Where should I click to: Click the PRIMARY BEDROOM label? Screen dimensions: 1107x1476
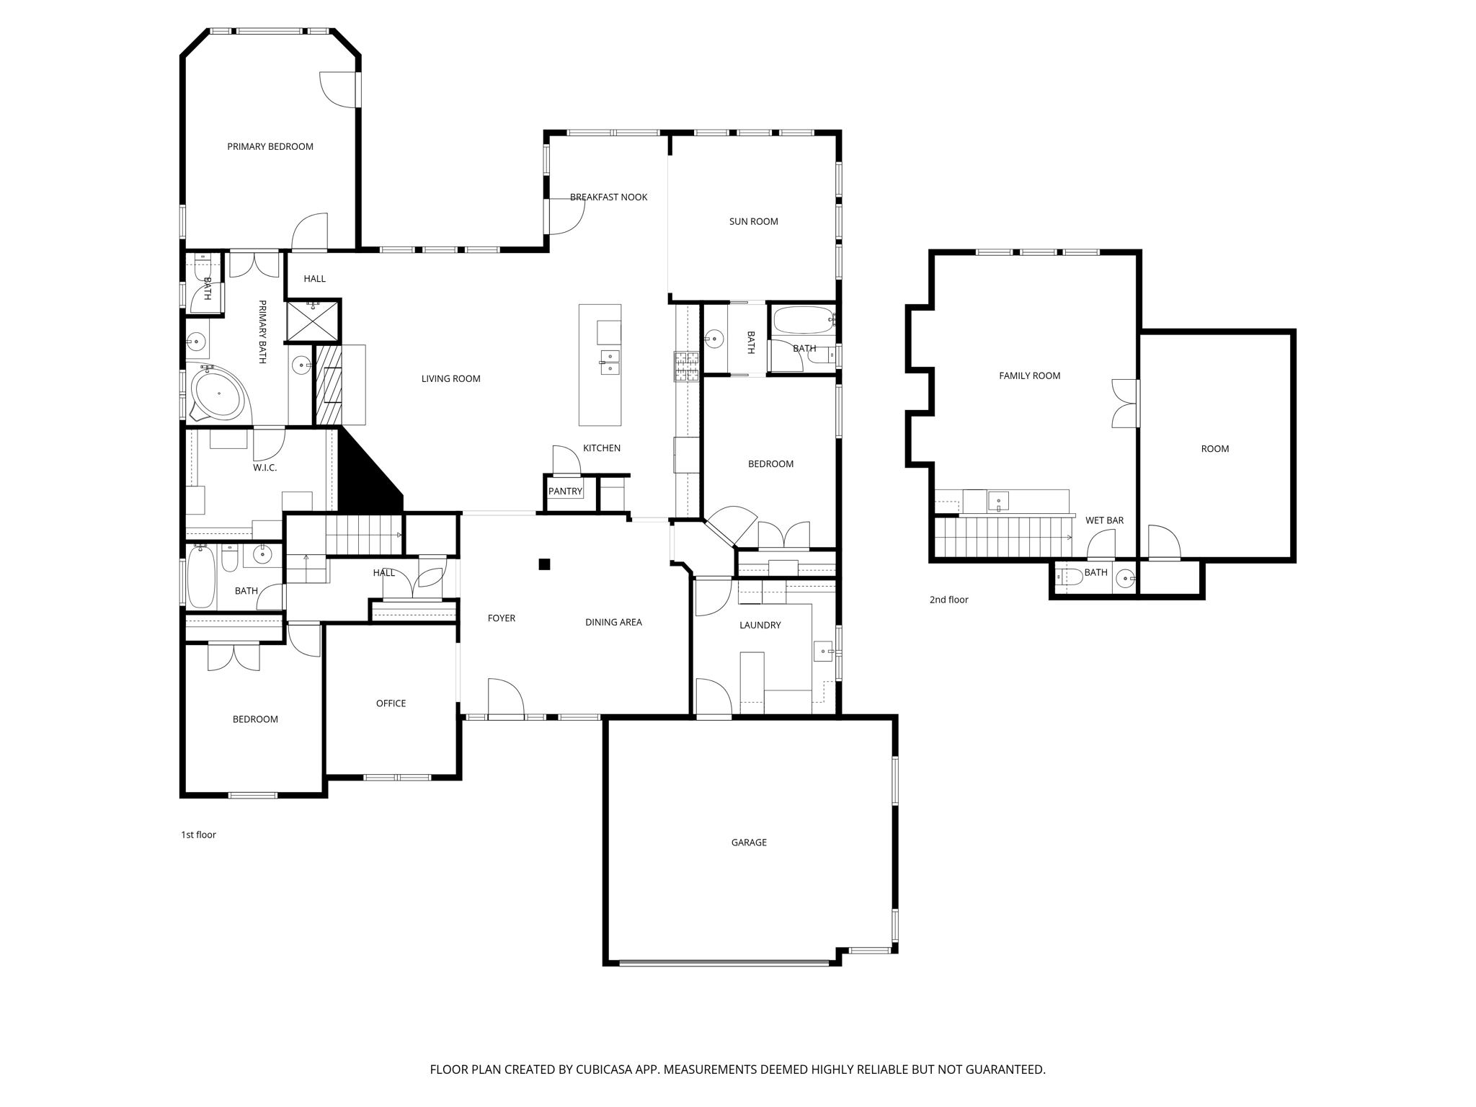pyautogui.click(x=270, y=146)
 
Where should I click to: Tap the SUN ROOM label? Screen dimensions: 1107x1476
pyautogui.click(x=753, y=221)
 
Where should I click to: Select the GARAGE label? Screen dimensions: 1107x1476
pyautogui.click(x=749, y=842)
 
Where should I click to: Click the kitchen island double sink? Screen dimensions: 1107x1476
pyautogui.click(x=610, y=363)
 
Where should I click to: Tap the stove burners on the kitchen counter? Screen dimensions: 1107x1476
pyautogui.click(x=686, y=366)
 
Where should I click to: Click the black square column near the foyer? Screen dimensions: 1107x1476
pyautogui.click(x=545, y=564)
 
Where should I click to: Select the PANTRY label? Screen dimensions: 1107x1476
pyautogui.click(x=565, y=492)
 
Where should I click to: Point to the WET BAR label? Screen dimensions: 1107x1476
pyautogui.click(x=1104, y=520)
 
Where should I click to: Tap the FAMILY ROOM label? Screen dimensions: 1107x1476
pyautogui.click(x=1029, y=375)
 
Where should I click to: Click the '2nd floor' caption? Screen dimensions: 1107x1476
pyautogui.click(x=948, y=600)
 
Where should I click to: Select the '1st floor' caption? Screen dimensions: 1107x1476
pyautogui.click(x=198, y=835)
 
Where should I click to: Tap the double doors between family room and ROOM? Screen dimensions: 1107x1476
pyautogui.click(x=1125, y=404)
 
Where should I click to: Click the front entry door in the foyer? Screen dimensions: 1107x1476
pyautogui.click(x=506, y=699)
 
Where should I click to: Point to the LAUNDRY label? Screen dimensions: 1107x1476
pyautogui.click(x=760, y=625)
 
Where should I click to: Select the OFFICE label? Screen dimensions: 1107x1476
pyautogui.click(x=391, y=703)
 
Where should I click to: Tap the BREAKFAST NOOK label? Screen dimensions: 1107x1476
pyautogui.click(x=608, y=197)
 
